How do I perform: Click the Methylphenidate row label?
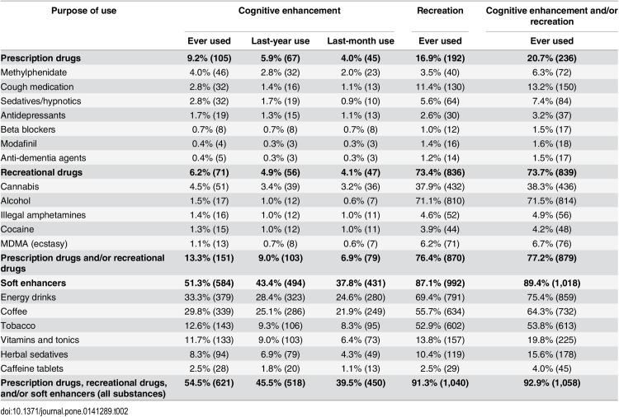(x=34, y=73)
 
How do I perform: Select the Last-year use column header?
(x=281, y=41)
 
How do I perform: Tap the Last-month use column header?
(x=361, y=41)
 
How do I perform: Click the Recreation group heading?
(x=440, y=11)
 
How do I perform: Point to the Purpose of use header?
(x=83, y=11)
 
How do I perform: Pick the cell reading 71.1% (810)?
(x=440, y=201)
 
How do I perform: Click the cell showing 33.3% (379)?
(x=209, y=298)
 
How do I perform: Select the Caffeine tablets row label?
(x=32, y=369)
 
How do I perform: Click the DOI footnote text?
(x=64, y=411)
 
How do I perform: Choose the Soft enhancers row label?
(x=33, y=283)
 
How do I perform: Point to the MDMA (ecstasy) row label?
(x=34, y=244)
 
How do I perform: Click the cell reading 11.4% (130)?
(x=440, y=87)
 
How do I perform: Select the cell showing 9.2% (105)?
(x=209, y=59)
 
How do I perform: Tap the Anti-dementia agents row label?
(x=44, y=158)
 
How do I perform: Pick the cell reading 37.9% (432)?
(x=440, y=187)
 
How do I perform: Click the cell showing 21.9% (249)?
(x=361, y=312)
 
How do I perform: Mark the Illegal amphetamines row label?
(x=44, y=215)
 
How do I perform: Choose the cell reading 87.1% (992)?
(x=440, y=283)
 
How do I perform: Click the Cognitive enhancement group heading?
(x=290, y=11)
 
